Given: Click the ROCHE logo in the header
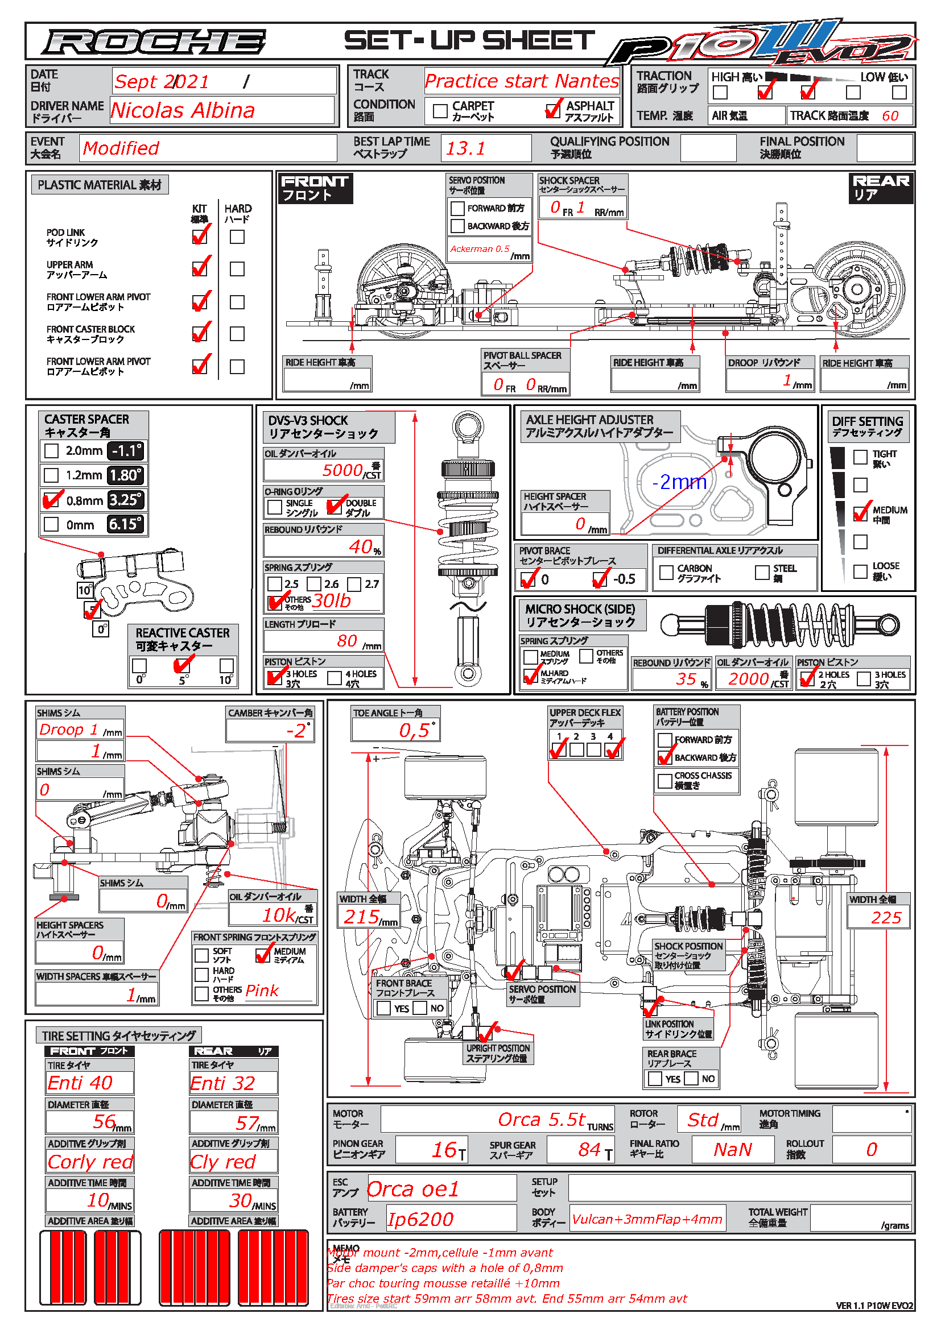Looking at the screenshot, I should pyautogui.click(x=154, y=42).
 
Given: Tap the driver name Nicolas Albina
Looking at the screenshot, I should pyautogui.click(x=183, y=110).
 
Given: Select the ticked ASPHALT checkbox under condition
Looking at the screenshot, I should pyautogui.click(x=554, y=110).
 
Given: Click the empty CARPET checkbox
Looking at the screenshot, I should pyautogui.click(x=440, y=111).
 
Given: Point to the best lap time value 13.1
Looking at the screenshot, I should pyautogui.click(x=465, y=148).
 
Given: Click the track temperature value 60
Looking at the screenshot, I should pyautogui.click(x=889, y=116).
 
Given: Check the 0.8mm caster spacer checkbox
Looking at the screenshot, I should pyautogui.click(x=52, y=499).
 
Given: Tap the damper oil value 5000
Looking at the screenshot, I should pyautogui.click(x=342, y=470).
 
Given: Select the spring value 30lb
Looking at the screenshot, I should pyautogui.click(x=332, y=600).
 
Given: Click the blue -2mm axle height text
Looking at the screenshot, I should pyautogui.click(x=679, y=482).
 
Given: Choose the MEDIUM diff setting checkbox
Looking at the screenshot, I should pyautogui.click(x=860, y=513).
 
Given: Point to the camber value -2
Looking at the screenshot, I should pyautogui.click(x=296, y=731).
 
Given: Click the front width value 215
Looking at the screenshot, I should pyautogui.click(x=362, y=917).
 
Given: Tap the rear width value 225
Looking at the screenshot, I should pyautogui.click(x=886, y=918).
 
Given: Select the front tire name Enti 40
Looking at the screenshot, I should pyautogui.click(x=81, y=1083).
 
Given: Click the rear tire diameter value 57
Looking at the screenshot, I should pyautogui.click(x=247, y=1123).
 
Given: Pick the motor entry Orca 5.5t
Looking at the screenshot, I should pyautogui.click(x=541, y=1119).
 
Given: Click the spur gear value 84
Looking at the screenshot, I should pyautogui.click(x=589, y=1149).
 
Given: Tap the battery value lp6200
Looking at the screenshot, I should pyautogui.click(x=420, y=1219).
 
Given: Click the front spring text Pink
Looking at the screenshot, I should pyautogui.click(x=262, y=991).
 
